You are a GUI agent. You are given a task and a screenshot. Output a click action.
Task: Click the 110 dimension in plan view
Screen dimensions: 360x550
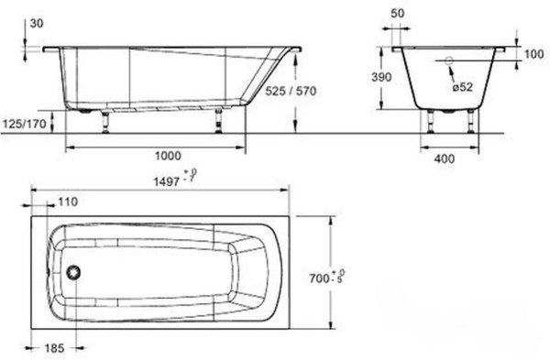pyautogui.click(x=67, y=202)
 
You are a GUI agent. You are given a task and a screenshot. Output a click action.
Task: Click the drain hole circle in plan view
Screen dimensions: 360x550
pyautogui.click(x=75, y=272)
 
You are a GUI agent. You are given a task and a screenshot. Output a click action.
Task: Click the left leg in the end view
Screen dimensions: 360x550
pyautogui.click(x=430, y=123)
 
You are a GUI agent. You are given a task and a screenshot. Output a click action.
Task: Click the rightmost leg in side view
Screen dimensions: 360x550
pyautogui.click(x=219, y=119)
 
